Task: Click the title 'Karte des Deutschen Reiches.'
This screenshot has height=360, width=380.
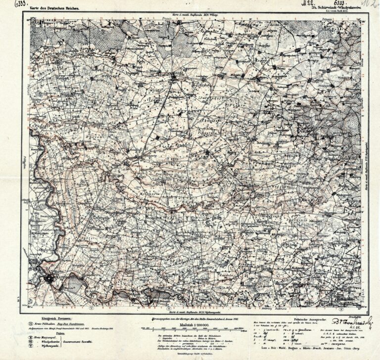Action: [57, 8]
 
